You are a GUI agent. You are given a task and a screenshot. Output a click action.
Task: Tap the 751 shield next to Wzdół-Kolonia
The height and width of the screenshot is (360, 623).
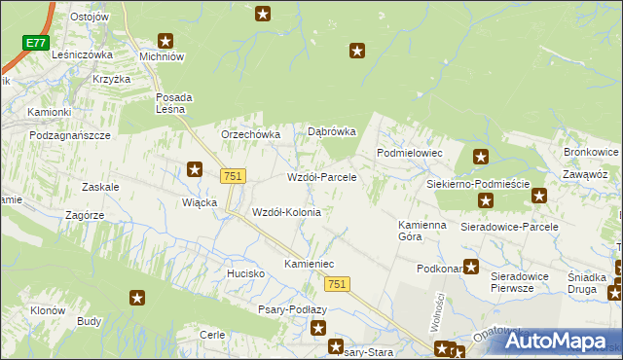click(x=233, y=175)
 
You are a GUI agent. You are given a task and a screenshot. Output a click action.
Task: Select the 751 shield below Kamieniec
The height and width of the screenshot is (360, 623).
click(x=336, y=282)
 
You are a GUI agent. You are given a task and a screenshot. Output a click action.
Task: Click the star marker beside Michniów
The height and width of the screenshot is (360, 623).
click(x=166, y=41)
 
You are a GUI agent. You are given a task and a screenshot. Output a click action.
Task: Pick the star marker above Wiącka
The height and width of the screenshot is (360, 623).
click(x=195, y=169)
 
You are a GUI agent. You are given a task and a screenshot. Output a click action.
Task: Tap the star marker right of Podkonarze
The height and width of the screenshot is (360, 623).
click(x=471, y=267)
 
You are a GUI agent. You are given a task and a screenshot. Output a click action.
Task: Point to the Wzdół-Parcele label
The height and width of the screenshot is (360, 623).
click(x=321, y=178)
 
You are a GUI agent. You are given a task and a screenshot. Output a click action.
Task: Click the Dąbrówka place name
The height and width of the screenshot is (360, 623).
click(x=332, y=131)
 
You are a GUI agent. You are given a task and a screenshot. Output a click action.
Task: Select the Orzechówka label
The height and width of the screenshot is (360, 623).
click(x=251, y=134)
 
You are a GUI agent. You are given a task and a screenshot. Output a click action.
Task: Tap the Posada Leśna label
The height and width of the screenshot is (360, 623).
click(x=175, y=103)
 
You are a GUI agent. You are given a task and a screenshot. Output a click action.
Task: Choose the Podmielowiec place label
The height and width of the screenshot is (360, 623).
click(x=410, y=154)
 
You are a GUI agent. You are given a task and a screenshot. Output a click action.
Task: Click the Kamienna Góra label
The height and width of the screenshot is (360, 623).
click(x=422, y=231)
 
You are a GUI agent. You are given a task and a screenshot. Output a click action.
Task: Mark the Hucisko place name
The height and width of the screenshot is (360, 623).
click(x=246, y=273)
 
